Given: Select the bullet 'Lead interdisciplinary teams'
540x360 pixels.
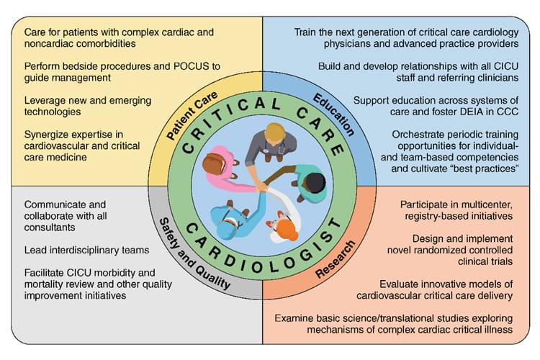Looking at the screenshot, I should (86, 249).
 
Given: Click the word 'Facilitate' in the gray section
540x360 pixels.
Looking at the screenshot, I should (48, 271).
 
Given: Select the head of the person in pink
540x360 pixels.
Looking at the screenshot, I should (213, 164).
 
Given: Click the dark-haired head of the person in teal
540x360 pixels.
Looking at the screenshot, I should (315, 182).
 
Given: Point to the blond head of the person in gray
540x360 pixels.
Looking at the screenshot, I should (274, 133).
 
